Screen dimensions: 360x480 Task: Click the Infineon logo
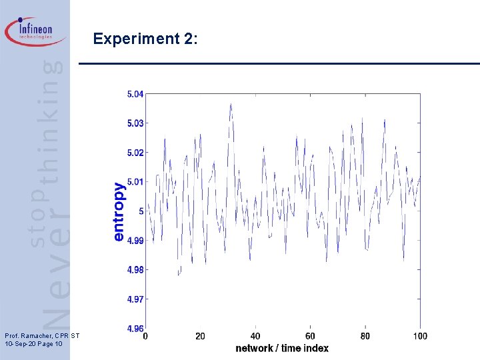(x=36, y=31)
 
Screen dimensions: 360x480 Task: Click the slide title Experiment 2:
(x=145, y=39)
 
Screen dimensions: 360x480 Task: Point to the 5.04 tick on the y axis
(x=135, y=94)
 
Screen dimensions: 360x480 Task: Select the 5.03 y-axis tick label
(x=135, y=123)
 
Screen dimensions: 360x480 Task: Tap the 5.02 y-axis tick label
(x=135, y=153)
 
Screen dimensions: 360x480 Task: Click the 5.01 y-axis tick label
(x=135, y=182)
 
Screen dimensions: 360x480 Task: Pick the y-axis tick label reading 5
(x=141, y=211)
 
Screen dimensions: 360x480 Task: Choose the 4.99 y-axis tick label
(x=135, y=241)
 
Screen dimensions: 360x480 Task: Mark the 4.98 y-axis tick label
(x=135, y=270)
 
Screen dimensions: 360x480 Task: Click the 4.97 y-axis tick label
(x=135, y=299)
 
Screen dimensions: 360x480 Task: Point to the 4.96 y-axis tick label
(x=135, y=328)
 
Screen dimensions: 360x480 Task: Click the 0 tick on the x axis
(x=145, y=336)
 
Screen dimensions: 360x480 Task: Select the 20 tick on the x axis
(x=200, y=336)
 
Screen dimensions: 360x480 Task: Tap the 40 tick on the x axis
(x=255, y=336)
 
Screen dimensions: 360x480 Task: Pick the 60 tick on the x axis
(x=310, y=336)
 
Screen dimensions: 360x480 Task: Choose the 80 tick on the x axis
(x=365, y=336)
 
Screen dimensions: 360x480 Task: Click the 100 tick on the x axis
(x=420, y=336)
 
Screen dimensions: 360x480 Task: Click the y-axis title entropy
(x=119, y=211)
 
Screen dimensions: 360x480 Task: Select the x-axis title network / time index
(x=282, y=348)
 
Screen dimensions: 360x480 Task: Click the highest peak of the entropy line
(x=231, y=104)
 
